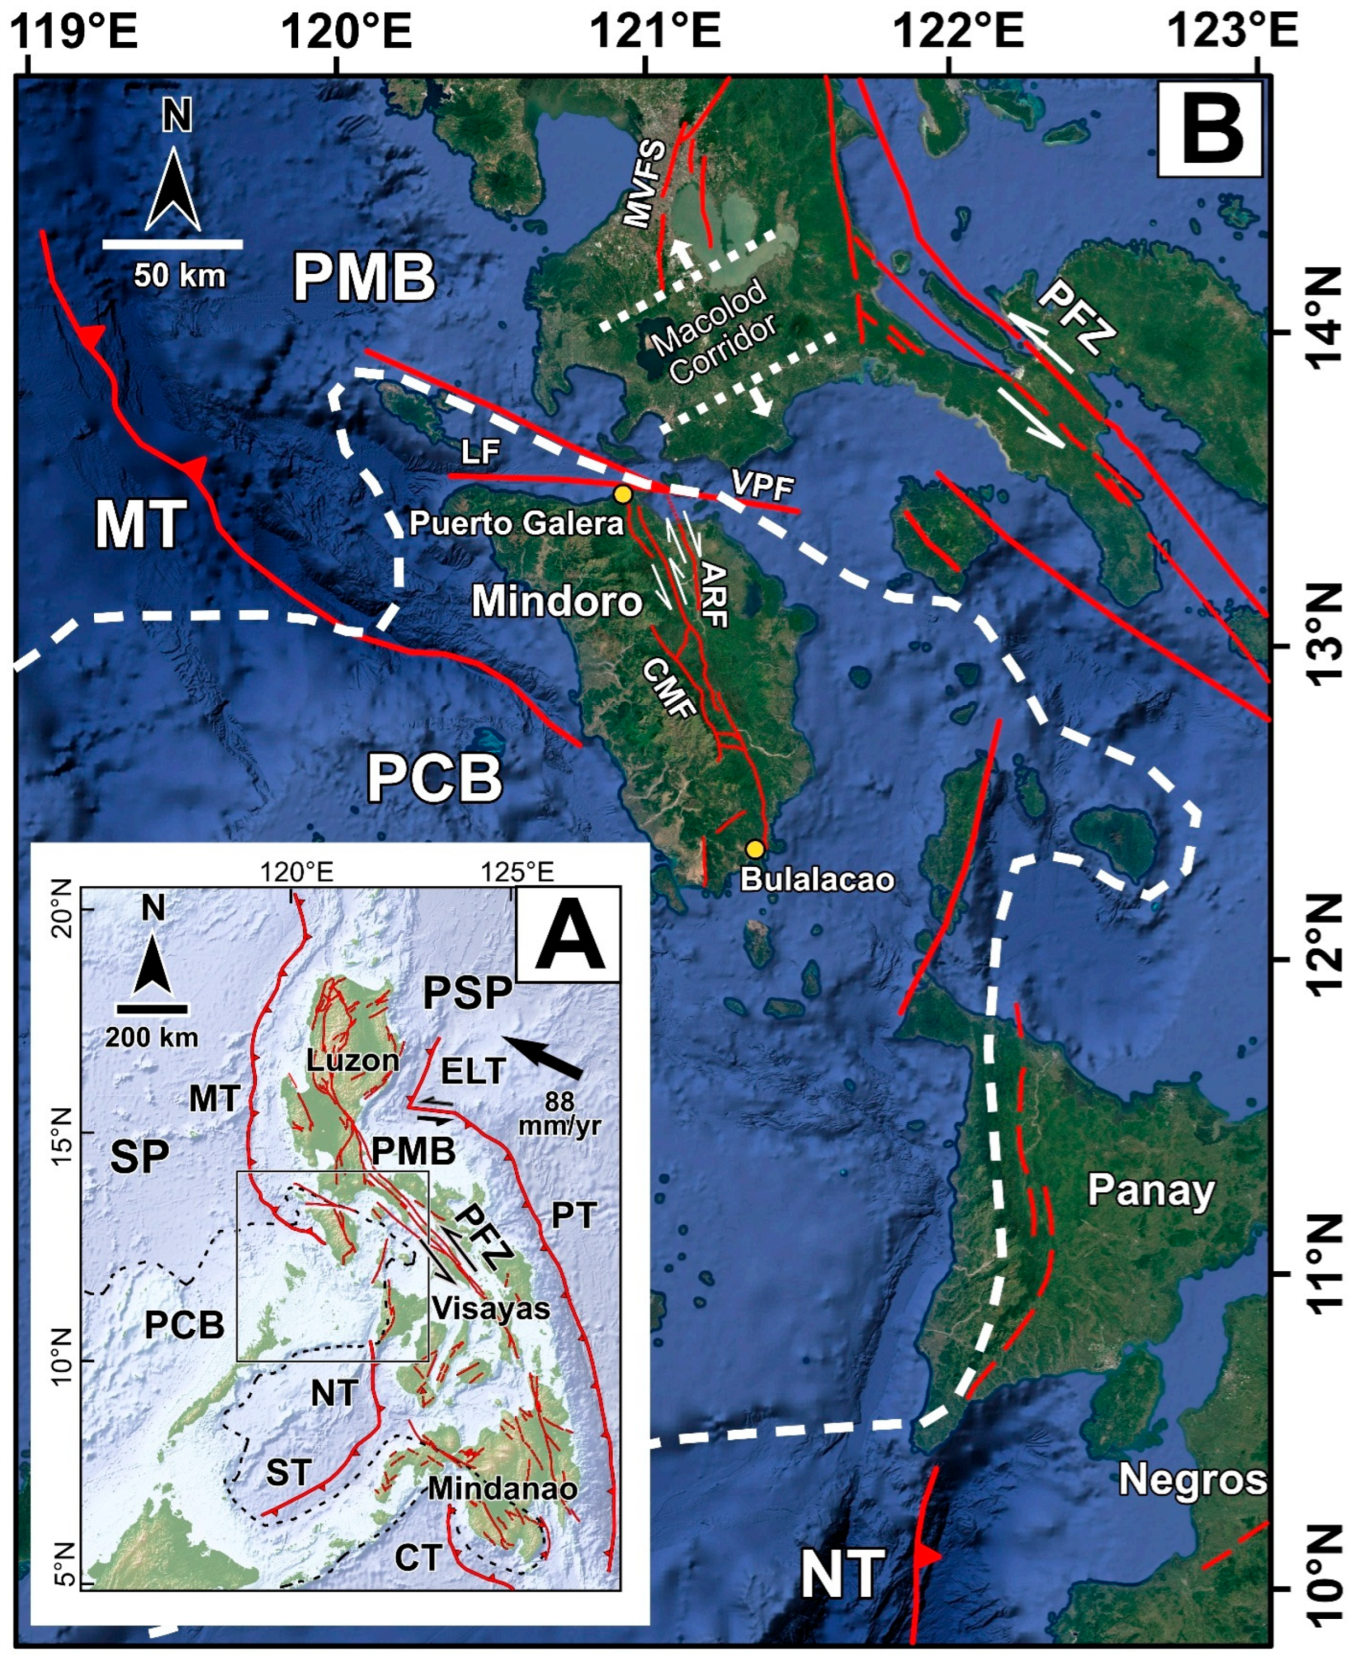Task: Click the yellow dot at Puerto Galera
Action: [x=621, y=494]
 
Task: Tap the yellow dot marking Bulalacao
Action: [x=754, y=849]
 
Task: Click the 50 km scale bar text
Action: [x=179, y=275]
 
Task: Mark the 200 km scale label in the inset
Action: [x=152, y=1037]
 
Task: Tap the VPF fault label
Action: [x=762, y=487]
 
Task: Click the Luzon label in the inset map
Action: [x=352, y=1060]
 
